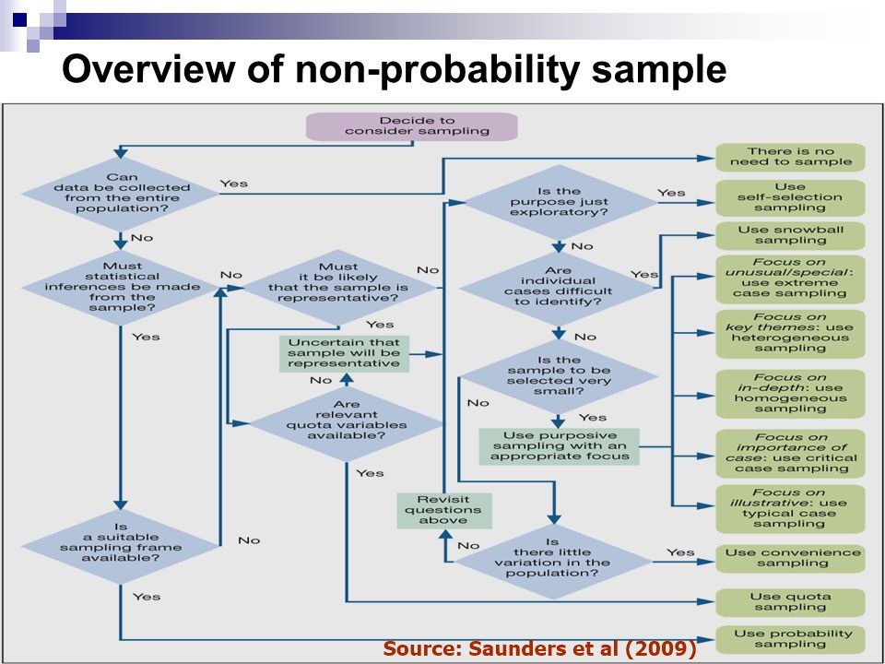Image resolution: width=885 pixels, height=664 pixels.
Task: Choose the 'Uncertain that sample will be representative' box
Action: tap(344, 352)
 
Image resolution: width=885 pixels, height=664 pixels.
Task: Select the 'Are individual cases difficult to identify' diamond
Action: tap(558, 287)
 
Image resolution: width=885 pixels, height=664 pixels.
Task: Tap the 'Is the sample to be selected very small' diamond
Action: tap(558, 374)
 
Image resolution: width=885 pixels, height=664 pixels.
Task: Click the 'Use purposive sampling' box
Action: tap(560, 445)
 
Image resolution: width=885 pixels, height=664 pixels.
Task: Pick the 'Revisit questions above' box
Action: tap(431, 509)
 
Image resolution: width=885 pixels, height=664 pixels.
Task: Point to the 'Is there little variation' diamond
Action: tap(553, 557)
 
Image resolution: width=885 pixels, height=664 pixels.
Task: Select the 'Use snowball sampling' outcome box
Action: tap(790, 234)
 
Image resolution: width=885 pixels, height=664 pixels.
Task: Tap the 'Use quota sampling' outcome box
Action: tap(790, 601)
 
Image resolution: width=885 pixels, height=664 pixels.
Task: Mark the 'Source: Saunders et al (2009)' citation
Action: tap(539, 649)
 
